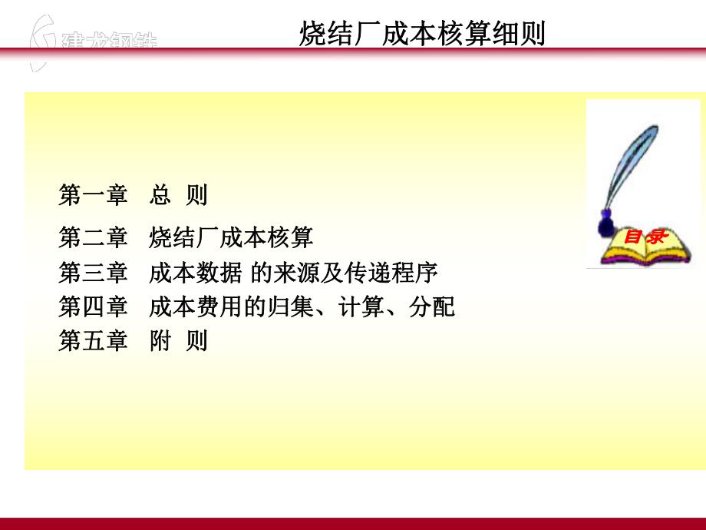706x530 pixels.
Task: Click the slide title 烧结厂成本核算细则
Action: [421, 35]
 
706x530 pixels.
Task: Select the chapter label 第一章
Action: [93, 195]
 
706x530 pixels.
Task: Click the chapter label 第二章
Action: [93, 237]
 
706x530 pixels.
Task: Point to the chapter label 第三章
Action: [93, 272]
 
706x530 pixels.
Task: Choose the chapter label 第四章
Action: [93, 306]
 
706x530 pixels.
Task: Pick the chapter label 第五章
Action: [93, 340]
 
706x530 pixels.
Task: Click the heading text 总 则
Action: [179, 195]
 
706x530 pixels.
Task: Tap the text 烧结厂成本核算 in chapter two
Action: [231, 237]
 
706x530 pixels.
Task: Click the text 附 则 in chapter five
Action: [179, 340]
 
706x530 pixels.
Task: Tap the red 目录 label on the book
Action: [644, 237]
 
